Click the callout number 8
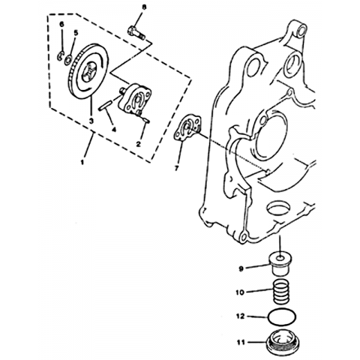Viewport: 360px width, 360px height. pyautogui.click(x=143, y=7)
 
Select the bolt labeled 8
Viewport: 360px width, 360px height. pyautogui.click(x=136, y=33)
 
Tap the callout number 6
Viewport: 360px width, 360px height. pyautogui.click(x=61, y=24)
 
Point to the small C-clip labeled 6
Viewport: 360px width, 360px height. pyautogui.click(x=61, y=55)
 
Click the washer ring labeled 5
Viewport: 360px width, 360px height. pyautogui.click(x=68, y=60)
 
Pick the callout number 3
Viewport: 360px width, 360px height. pyautogui.click(x=91, y=121)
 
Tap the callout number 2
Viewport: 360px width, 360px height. pyautogui.click(x=138, y=144)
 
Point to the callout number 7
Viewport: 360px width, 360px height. pyautogui.click(x=176, y=169)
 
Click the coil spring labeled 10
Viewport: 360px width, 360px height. pyautogui.click(x=280, y=292)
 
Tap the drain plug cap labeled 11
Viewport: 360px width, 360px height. pyautogui.click(x=280, y=342)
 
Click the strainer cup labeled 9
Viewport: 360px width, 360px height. pyautogui.click(x=281, y=264)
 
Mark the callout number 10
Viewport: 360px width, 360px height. pyautogui.click(x=240, y=292)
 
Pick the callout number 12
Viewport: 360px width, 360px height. pyautogui.click(x=240, y=316)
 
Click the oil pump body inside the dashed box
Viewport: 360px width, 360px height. pyautogui.click(x=134, y=100)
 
